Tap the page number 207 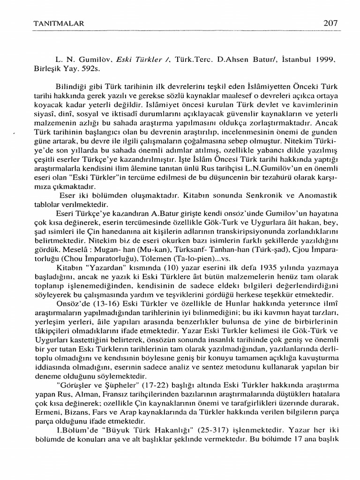point(330,22)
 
